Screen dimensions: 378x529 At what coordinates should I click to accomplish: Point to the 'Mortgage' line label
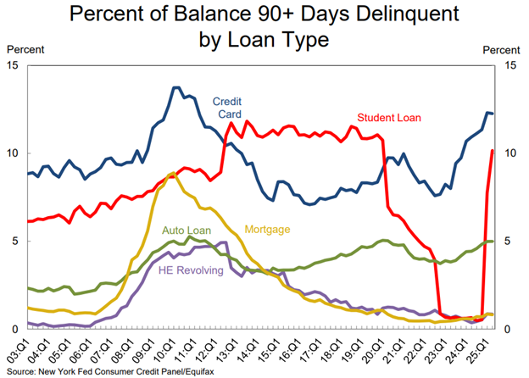click(267, 229)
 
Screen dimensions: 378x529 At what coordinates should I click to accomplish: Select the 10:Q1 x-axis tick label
click(164, 348)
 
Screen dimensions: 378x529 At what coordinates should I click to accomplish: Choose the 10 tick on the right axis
click(511, 153)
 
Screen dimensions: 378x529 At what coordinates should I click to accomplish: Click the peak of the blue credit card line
click(175, 87)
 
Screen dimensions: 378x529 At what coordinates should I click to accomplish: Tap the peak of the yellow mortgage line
click(172, 173)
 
